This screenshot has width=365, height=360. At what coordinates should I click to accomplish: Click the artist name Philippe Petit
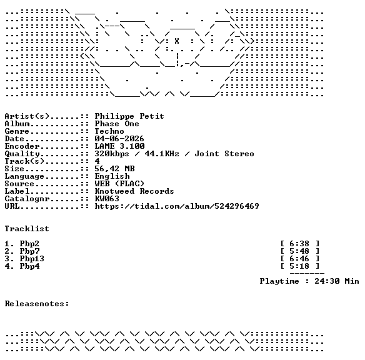tap(129, 116)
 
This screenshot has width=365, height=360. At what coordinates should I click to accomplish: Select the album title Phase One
tap(117, 124)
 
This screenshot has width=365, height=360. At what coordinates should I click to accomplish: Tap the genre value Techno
tap(109, 131)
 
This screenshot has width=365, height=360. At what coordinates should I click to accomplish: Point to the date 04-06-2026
tap(119, 139)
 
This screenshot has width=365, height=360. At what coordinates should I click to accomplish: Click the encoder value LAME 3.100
tap(119, 146)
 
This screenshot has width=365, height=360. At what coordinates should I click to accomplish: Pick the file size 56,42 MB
tap(114, 169)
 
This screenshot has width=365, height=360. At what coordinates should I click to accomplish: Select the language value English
tap(112, 176)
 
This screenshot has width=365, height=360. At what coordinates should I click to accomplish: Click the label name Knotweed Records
tap(134, 191)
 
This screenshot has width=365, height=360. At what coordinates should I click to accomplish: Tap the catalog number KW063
tap(107, 199)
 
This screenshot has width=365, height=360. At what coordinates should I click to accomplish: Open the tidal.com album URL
tap(177, 206)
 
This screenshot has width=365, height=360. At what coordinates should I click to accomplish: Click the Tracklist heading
tap(27, 229)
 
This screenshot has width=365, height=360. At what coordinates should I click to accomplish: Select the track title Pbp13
tap(32, 259)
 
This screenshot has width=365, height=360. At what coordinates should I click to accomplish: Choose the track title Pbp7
tap(29, 251)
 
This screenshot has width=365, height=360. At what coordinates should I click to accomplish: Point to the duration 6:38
tap(299, 244)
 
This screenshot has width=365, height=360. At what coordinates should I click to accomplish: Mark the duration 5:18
tap(299, 266)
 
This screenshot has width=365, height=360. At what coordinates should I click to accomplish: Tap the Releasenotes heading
tap(37, 304)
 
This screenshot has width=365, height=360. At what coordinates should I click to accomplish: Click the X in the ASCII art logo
tap(177, 41)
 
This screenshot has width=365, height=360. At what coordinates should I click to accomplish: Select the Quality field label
tap(22, 154)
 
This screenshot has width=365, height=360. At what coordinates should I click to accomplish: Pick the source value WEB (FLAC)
tap(119, 184)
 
